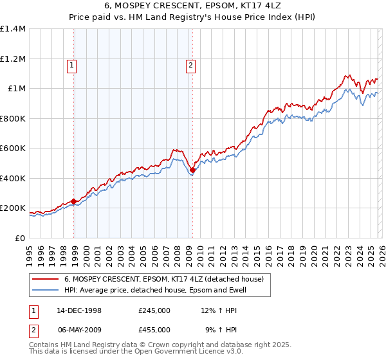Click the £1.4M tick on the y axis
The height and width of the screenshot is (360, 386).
13,29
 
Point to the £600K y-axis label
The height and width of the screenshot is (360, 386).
13,148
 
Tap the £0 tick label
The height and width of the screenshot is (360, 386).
19,239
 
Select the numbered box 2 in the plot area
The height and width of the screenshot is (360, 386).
191,64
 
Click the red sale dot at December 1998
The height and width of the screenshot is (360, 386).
74,201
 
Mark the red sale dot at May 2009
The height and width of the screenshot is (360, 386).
192,170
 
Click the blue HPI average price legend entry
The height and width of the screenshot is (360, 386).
154,291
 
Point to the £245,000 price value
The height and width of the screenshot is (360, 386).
154,310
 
